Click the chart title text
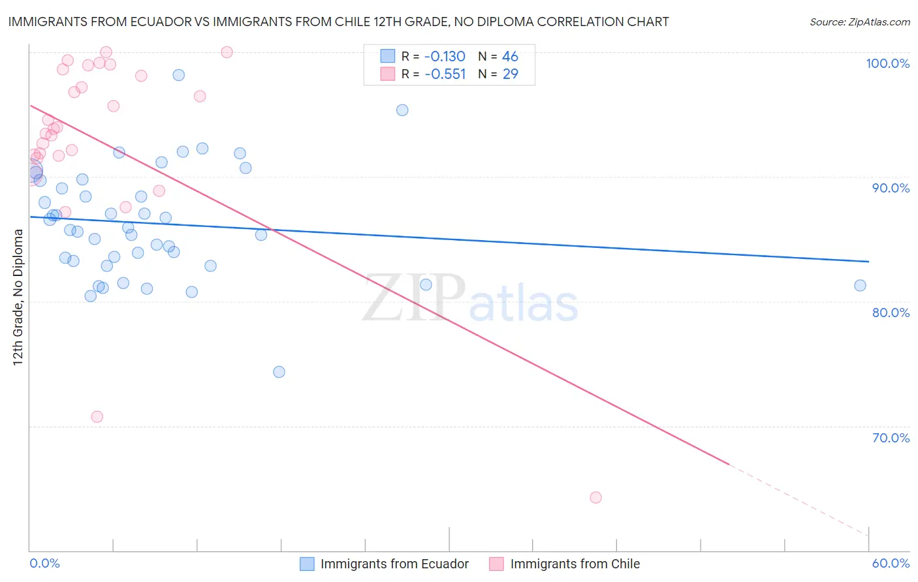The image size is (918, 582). pos(338,22)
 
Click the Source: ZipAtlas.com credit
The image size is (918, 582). pos(859,22)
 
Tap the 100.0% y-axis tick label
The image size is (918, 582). pos(887,63)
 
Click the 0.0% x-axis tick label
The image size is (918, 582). pos(44,563)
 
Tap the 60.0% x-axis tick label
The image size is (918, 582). pos(891,563)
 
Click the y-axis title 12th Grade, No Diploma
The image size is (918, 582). pos(18,297)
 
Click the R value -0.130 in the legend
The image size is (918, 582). pos(445,57)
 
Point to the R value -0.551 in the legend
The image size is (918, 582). pos(445,74)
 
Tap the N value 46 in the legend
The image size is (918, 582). pos(510,57)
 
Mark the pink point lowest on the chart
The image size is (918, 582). pos(595,497)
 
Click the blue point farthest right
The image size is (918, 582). pos(860,285)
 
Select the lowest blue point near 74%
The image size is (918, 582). pos(279,372)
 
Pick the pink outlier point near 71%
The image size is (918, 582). pos(97,417)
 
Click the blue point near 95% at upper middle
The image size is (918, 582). pos(402,110)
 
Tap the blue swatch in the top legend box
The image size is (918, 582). pos(388,56)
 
